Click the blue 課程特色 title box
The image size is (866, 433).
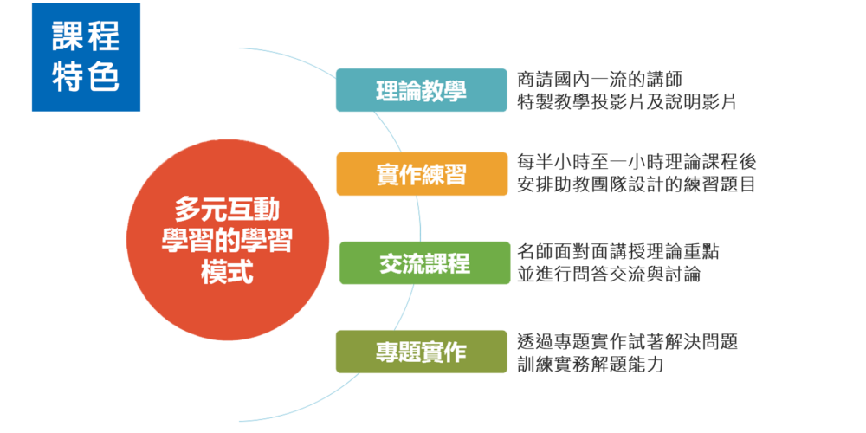(86, 57)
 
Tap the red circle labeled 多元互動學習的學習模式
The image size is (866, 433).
(228, 240)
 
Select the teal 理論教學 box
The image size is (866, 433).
(422, 90)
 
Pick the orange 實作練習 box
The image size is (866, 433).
(422, 173)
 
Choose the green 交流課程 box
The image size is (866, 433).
(424, 263)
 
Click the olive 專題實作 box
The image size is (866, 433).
(422, 352)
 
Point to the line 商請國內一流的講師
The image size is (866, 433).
(600, 80)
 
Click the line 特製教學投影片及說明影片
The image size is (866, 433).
(627, 102)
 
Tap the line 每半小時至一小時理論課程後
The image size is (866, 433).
(637, 162)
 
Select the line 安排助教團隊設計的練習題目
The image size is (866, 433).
(637, 185)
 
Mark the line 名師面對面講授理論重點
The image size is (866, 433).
(618, 251)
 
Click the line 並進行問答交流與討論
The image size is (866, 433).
(609, 275)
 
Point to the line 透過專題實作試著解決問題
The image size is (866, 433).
(627, 342)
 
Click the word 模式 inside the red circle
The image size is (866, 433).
(227, 272)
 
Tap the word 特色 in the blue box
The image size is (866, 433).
(86, 78)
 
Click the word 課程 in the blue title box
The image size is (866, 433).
(86, 36)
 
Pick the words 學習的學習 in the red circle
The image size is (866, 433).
(227, 242)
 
